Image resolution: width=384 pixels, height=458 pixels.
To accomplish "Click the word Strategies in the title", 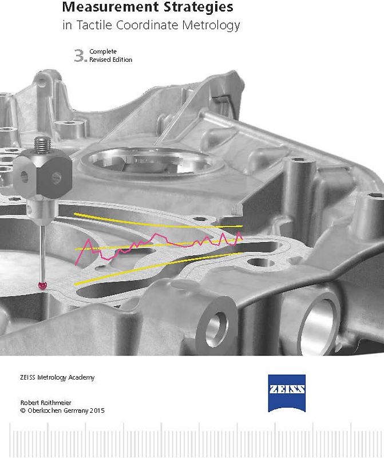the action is [x=198, y=7].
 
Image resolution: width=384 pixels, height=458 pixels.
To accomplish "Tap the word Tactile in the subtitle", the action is [x=94, y=25].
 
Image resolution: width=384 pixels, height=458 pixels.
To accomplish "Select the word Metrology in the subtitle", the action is [x=211, y=25].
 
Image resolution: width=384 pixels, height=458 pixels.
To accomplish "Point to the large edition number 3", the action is [x=79, y=56].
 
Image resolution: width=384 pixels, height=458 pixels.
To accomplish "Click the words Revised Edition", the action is [x=110, y=60].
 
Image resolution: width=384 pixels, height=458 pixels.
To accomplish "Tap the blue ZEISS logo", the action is [x=287, y=393].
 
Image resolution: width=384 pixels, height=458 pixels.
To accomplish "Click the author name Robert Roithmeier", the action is [x=46, y=402].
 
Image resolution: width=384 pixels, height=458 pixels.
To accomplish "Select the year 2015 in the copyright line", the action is [x=97, y=410].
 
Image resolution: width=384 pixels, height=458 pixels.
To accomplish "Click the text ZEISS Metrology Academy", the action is [x=57, y=377].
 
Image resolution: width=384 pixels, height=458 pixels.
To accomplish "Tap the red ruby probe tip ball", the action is [x=43, y=286].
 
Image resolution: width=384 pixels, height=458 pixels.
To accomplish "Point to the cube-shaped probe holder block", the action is [x=42, y=176].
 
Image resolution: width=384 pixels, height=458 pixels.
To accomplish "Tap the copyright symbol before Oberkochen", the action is [x=23, y=410].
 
